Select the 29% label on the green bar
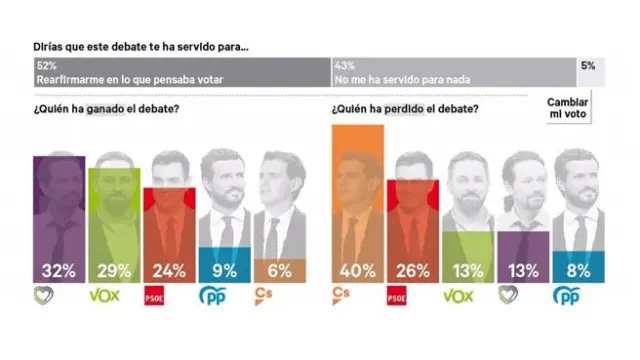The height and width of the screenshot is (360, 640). pyautogui.click(x=116, y=268)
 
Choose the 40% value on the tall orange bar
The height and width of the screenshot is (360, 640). pyautogui.click(x=357, y=268)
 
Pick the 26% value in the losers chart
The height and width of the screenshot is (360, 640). pyautogui.click(x=413, y=268)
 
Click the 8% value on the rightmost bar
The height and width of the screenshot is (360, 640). pyautogui.click(x=581, y=268)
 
